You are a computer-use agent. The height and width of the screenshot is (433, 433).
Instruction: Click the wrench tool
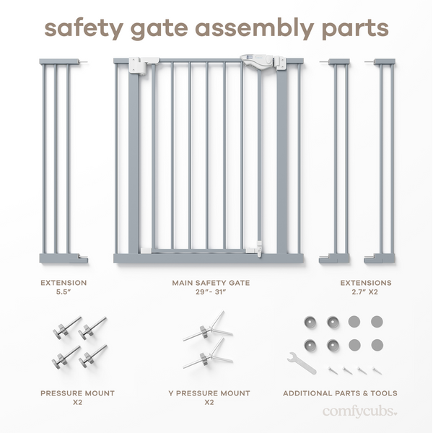pos(301,362)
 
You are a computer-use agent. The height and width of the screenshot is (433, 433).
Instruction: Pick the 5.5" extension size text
pos(64,293)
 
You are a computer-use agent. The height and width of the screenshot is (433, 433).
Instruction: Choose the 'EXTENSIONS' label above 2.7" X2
pos(366,283)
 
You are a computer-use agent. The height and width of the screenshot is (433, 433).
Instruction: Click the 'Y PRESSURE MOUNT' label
pos(209,393)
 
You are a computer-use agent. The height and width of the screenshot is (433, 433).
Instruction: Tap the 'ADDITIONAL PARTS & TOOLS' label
pos(340,393)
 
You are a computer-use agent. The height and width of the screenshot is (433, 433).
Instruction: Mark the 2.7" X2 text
pos(366,293)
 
